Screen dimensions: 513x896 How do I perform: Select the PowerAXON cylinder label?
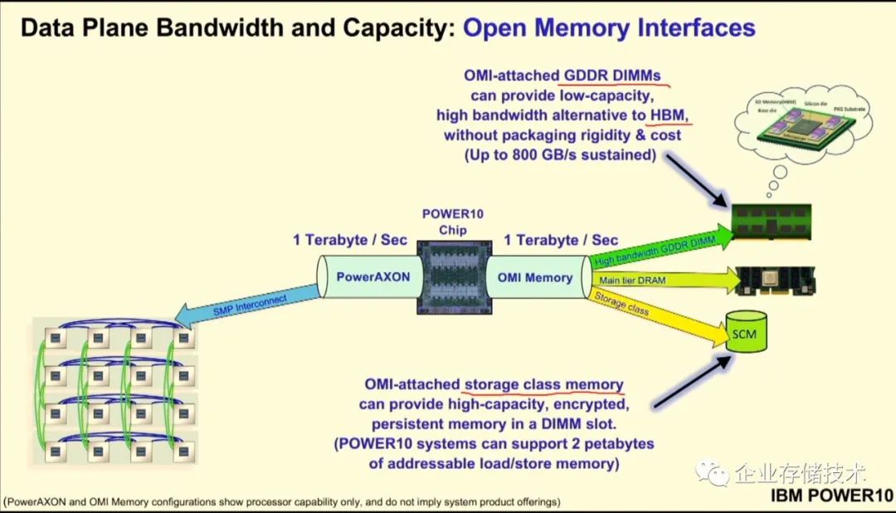pos(373,277)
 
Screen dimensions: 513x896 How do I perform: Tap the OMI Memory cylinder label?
pos(534,277)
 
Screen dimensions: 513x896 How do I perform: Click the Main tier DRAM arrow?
pos(664,280)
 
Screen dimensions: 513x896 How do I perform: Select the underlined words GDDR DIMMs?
pos(613,76)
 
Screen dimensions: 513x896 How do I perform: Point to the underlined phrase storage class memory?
pos(543,385)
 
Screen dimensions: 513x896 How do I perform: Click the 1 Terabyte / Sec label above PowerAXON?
pos(351,240)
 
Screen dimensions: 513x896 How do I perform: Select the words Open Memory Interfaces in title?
pos(609,27)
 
